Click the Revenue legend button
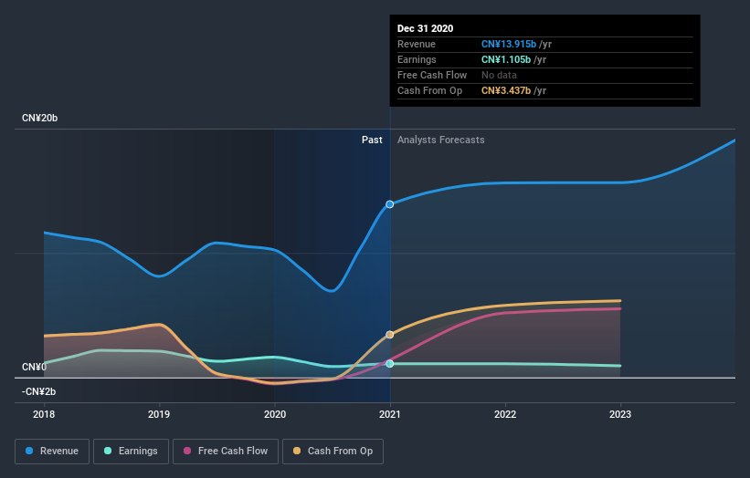52,451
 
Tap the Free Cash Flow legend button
225,451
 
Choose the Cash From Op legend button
333,451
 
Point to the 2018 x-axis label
44,414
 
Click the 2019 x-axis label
159,414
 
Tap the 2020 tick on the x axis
274,414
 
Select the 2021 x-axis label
390,414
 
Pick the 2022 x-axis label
505,414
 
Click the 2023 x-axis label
620,414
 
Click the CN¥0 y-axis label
34,367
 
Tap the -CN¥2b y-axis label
38,391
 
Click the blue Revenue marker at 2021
390,204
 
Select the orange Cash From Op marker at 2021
390,335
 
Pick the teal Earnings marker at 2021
390,363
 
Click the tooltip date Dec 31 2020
425,29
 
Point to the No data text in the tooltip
501,75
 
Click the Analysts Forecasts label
440,140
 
